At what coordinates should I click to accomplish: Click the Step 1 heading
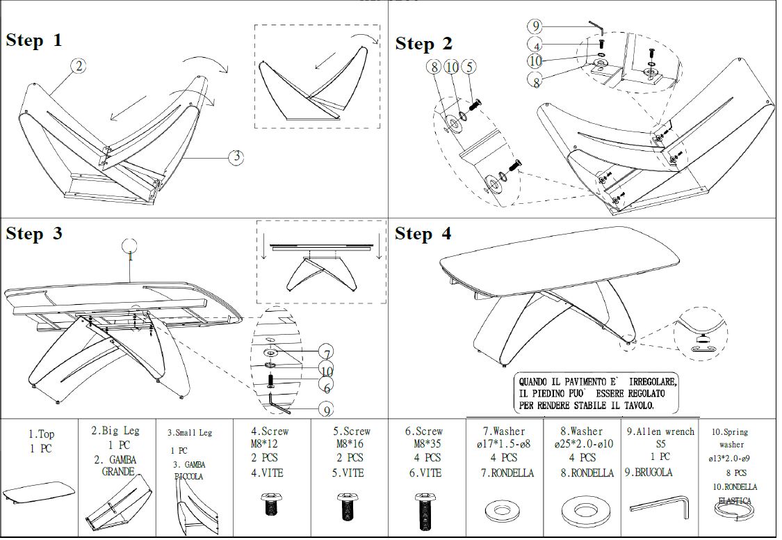pyautogui.click(x=34, y=40)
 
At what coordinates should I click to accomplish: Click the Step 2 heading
pyautogui.click(x=423, y=44)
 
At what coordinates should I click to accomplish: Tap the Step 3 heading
pyautogui.click(x=34, y=234)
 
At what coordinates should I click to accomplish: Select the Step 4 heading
pyautogui.click(x=423, y=234)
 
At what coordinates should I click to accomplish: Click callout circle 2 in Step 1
pyautogui.click(x=79, y=66)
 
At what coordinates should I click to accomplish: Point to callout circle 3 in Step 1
pyautogui.click(x=237, y=157)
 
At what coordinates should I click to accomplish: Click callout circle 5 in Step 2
pyautogui.click(x=470, y=67)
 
